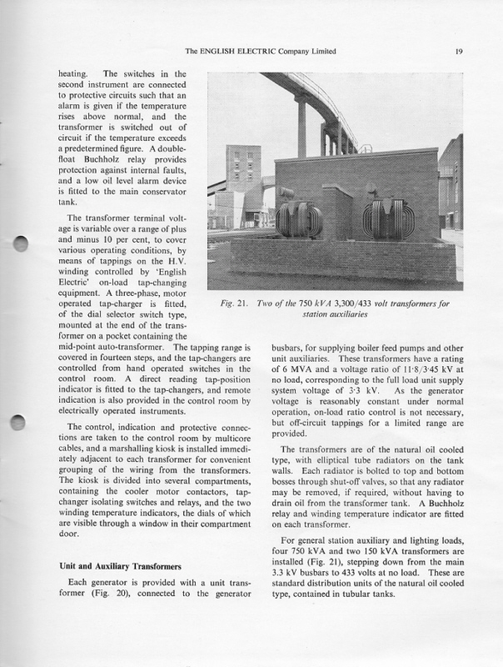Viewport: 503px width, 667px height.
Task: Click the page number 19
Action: pyautogui.click(x=459, y=52)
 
